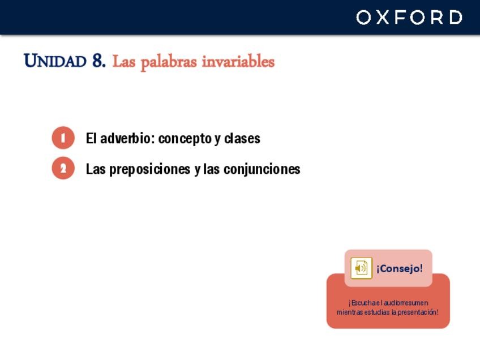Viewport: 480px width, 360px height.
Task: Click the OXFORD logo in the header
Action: click(409, 17)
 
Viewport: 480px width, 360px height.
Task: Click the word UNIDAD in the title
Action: click(55, 61)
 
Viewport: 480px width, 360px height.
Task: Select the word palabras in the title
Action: click(169, 62)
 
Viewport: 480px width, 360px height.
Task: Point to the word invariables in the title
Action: click(238, 61)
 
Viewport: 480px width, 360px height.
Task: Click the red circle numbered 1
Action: click(63, 138)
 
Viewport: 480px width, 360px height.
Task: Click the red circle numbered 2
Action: click(63, 168)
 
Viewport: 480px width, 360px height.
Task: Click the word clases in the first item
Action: click(242, 138)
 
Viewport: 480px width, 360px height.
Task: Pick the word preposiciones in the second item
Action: click(149, 170)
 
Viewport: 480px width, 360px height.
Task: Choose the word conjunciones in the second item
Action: click(262, 170)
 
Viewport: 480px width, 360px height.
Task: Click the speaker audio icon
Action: click(361, 268)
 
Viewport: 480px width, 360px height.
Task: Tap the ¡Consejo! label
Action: click(400, 268)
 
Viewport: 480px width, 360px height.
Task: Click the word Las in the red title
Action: click(124, 61)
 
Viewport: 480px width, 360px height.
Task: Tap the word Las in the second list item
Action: click(96, 169)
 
